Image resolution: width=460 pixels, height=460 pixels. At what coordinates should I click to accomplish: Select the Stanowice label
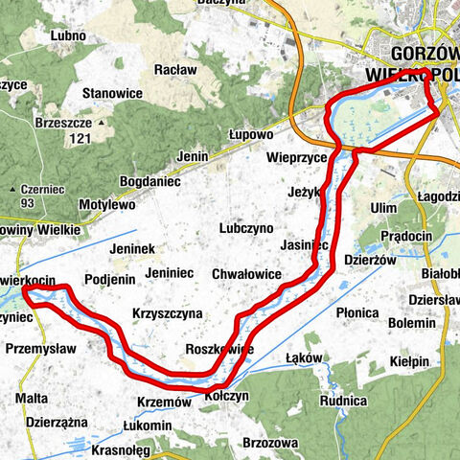pos(113,93)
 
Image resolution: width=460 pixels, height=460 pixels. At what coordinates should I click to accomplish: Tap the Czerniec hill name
pos(46,189)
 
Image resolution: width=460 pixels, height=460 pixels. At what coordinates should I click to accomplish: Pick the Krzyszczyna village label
pos(167,313)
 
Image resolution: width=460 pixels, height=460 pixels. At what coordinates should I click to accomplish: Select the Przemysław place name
pos(40,350)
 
